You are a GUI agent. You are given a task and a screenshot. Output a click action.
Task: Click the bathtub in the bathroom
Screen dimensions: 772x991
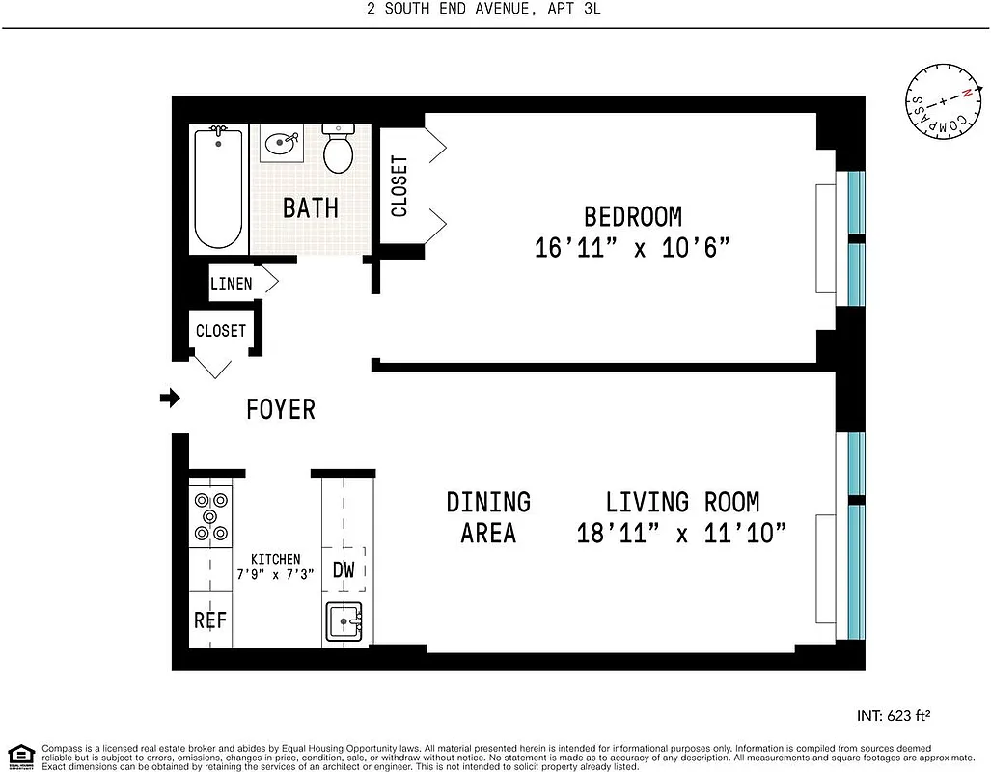pyautogui.click(x=218, y=188)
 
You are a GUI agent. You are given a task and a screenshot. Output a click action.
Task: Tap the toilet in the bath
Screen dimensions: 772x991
pyautogui.click(x=338, y=150)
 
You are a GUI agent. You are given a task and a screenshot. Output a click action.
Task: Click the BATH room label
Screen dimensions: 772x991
pyautogui.click(x=310, y=207)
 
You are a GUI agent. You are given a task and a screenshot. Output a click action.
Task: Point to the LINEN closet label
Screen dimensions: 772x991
pyautogui.click(x=232, y=283)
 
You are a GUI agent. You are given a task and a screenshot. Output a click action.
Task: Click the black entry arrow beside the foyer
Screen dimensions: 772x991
pyautogui.click(x=170, y=398)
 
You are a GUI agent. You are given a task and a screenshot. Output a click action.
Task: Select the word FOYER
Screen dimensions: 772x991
pyautogui.click(x=281, y=409)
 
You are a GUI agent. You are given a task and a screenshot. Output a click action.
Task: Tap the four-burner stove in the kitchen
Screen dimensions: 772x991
pyautogui.click(x=211, y=516)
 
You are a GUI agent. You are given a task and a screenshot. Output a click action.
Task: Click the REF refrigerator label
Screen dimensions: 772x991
pyautogui.click(x=209, y=620)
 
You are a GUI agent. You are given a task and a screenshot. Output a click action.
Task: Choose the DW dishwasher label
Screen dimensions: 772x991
pyautogui.click(x=344, y=569)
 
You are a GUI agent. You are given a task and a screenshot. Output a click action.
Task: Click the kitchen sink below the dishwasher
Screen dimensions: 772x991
pyautogui.click(x=344, y=620)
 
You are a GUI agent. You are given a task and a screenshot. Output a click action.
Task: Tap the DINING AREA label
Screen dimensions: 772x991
pyautogui.click(x=488, y=517)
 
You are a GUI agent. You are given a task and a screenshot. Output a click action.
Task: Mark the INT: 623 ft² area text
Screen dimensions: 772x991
pyautogui.click(x=893, y=716)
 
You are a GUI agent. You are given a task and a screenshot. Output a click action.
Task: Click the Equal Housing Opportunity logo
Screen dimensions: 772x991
pyautogui.click(x=20, y=755)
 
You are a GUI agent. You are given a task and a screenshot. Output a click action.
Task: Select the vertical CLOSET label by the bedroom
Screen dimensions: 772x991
pyautogui.click(x=399, y=185)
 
